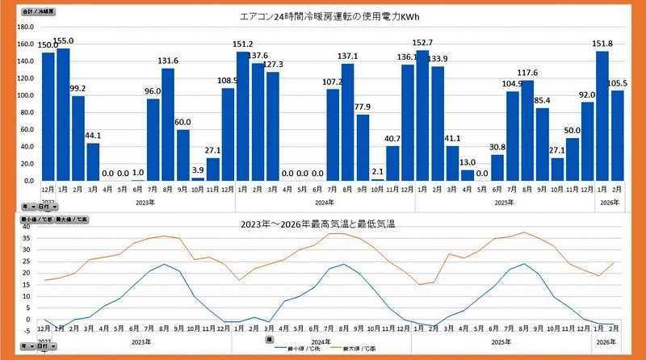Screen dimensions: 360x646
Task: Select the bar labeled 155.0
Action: pos(63,114)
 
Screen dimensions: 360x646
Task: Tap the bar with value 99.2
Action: pos(78,138)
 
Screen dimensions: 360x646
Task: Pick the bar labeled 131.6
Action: pos(168,124)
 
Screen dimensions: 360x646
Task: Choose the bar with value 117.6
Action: pos(528,130)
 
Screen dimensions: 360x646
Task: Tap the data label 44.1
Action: pos(94,136)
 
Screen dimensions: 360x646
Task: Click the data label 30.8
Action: pos(497,147)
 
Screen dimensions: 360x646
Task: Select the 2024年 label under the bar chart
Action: pos(325,202)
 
